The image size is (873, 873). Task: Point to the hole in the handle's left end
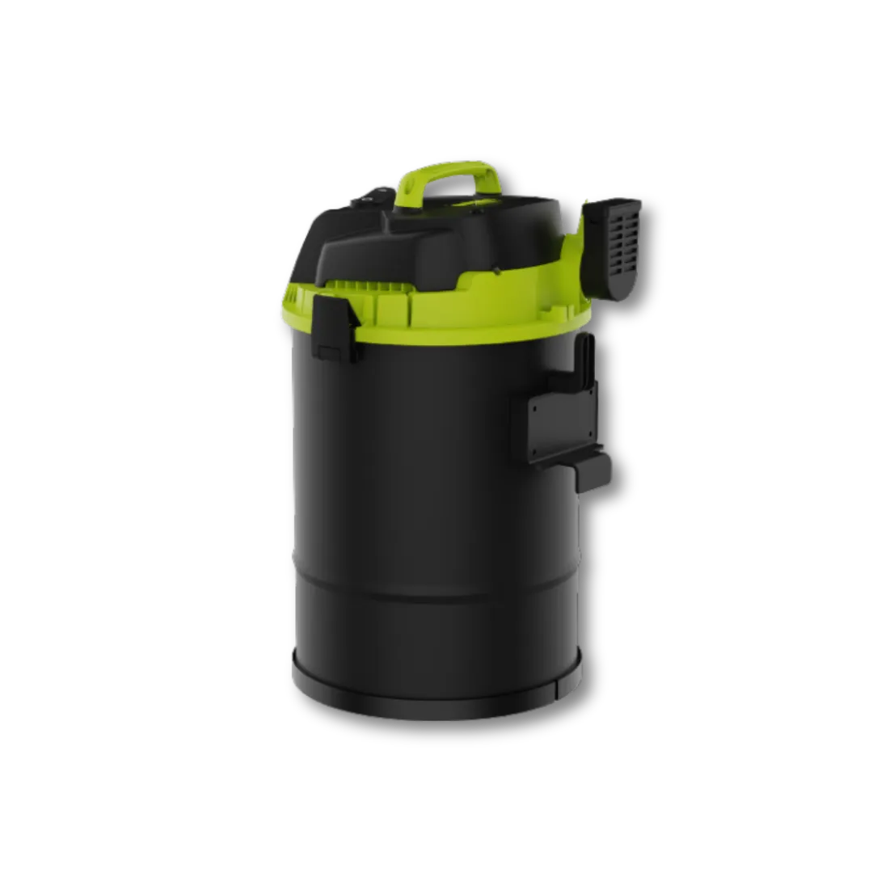coord(411,187)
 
